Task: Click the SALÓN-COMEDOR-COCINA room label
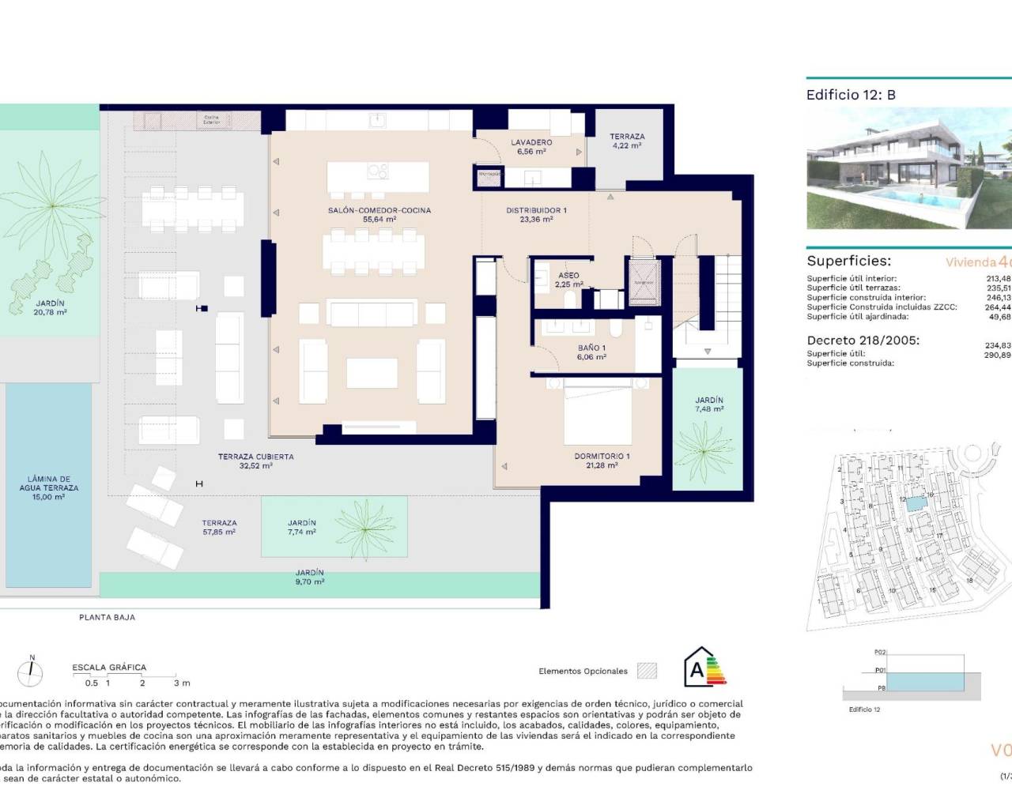pos(379,215)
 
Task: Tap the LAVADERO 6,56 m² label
pos(531,147)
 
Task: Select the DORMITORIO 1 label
pos(602,461)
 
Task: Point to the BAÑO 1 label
pos(591,352)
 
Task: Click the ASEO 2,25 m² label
pos(568,280)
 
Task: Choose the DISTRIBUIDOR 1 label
pos(536,215)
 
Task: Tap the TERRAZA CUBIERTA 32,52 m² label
pos(255,461)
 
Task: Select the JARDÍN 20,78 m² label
pos(50,307)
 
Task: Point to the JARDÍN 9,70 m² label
pos(309,577)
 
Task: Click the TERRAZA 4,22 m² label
pos(627,141)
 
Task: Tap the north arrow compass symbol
pos(31,672)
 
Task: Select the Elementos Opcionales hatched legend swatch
pos(647,671)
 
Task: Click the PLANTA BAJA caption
pos(107,617)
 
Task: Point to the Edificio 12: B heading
pos(851,95)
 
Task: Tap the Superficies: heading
pos(848,261)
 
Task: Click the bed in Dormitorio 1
pos(598,414)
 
